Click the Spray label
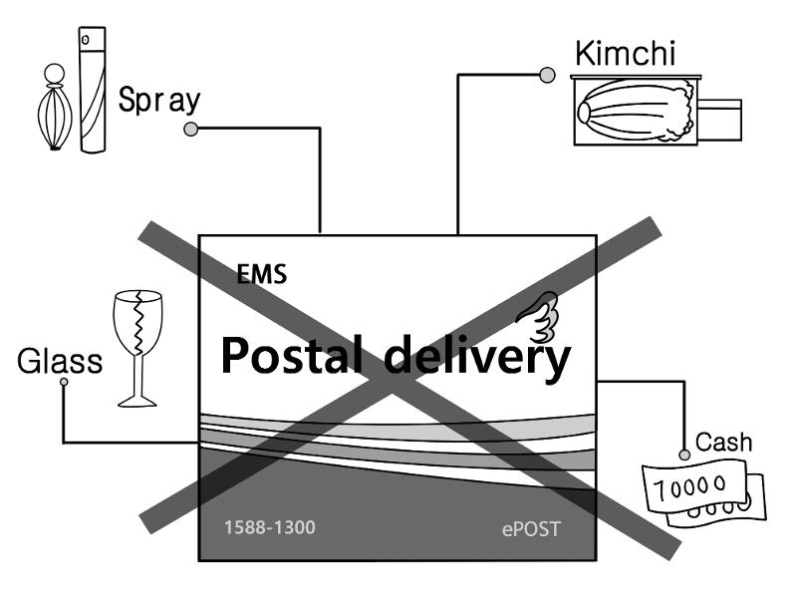coord(159,101)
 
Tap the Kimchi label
coord(623,53)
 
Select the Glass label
coord(60,360)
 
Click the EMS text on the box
coord(262,275)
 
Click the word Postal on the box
coord(296,356)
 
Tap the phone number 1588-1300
coord(269,525)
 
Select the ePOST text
coord(530,528)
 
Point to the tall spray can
coord(92,90)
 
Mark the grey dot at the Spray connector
coord(191,128)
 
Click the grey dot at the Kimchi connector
coord(546,74)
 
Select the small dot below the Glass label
coord(64,381)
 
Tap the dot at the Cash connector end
coord(684,455)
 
